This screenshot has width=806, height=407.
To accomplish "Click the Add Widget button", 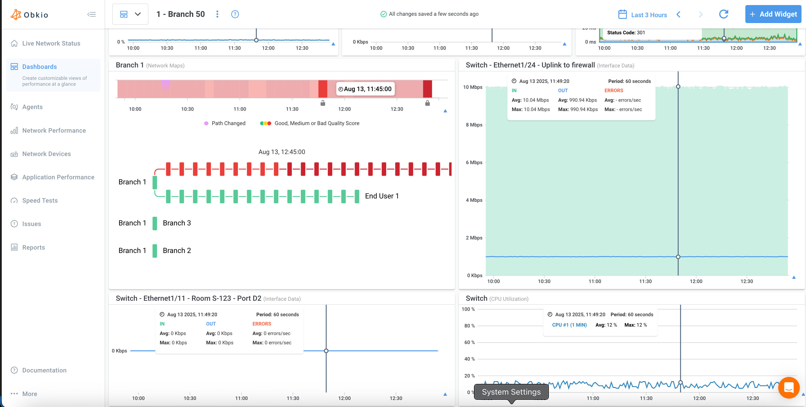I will coord(773,14).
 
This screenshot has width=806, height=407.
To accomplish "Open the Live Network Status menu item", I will coord(51,44).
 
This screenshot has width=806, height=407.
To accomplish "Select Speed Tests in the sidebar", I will coord(40,200).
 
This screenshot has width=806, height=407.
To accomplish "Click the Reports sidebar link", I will coord(33,247).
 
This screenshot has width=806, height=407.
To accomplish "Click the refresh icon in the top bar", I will coord(723,14).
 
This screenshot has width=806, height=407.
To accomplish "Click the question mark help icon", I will coord(235,14).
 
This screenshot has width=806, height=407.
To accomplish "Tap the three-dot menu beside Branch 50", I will coord(217,14).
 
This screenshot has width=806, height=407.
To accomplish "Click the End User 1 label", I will coord(381,196).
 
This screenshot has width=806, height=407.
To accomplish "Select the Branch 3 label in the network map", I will coord(176,223).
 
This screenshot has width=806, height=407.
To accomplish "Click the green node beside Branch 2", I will coord(154,251).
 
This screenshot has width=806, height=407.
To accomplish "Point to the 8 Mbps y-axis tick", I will coord(474,125).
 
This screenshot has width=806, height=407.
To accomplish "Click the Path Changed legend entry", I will coord(228,123).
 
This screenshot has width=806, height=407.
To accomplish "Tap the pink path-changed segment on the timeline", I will coord(165,85).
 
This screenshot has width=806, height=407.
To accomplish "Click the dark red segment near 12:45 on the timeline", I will coord(427,89).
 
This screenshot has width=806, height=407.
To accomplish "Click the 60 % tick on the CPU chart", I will coord(469,342).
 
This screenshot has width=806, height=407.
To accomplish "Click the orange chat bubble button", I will coord(789,388).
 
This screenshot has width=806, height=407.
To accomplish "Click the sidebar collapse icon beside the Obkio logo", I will coord(91,14).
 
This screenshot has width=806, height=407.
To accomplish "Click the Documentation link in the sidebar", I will coord(44,370).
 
